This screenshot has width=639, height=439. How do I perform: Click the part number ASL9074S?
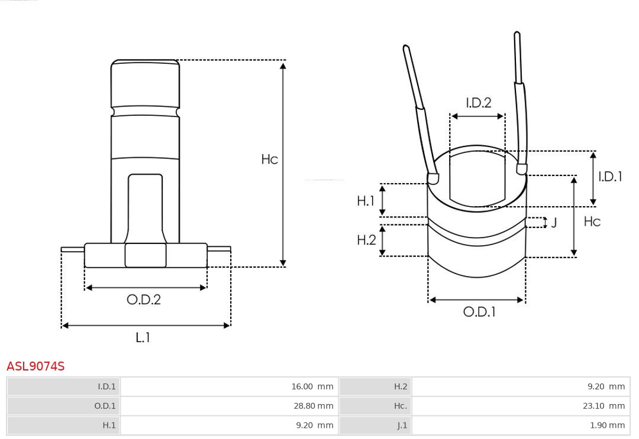35,366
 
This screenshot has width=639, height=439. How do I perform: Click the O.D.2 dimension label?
144,300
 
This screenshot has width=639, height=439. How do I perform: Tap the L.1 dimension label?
143,337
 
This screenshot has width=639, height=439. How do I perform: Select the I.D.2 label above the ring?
478,103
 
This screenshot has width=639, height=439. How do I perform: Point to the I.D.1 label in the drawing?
609,176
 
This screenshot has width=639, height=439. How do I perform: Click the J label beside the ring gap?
554,223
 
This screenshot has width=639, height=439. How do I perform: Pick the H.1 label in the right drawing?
366,201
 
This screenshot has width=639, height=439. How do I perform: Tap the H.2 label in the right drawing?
366,240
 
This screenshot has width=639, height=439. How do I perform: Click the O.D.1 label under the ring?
479,311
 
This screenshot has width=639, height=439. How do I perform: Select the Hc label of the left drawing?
269,159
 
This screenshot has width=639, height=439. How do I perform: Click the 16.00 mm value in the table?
312,386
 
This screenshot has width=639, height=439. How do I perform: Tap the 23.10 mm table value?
603,406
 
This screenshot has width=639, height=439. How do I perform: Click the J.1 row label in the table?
402,425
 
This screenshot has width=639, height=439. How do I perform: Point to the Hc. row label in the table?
401,406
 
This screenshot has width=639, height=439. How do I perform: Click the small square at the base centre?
146,255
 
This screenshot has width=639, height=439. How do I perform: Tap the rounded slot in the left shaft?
146,207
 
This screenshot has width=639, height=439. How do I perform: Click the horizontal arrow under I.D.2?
477,116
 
